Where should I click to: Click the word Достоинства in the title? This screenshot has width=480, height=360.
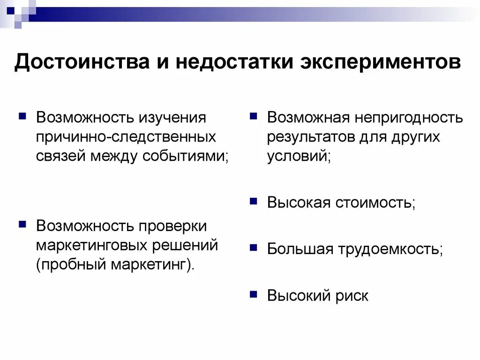(82, 61)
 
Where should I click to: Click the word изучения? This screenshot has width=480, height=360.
(172, 118)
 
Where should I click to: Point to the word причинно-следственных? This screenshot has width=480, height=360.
(126, 137)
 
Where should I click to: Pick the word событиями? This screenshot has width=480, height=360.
(185, 156)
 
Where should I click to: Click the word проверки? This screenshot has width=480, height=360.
(172, 226)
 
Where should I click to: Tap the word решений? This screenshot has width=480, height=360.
(185, 246)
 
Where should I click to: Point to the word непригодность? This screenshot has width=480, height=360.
(409, 118)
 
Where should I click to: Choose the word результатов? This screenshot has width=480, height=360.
(311, 137)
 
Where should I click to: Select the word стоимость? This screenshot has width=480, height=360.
(374, 202)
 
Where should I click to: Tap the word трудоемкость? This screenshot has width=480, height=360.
(389, 249)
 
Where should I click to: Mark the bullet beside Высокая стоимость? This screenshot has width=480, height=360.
(254, 201)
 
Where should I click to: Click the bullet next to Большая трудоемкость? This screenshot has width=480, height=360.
(254, 247)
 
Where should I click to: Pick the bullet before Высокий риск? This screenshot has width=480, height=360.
(254, 294)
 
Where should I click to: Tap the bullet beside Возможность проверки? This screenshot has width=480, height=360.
(22, 225)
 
